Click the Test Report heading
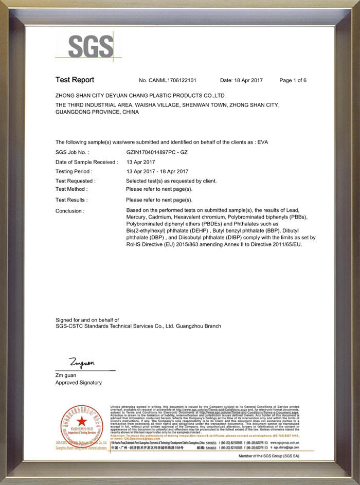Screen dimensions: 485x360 pyautogui.click(x=75, y=80)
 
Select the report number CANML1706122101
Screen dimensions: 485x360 pyautogui.click(x=168, y=80)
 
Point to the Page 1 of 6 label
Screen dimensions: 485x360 pyautogui.click(x=293, y=80)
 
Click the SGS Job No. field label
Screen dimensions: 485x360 pyautogui.click(x=72, y=153)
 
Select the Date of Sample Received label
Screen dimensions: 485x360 pyautogui.click(x=86, y=162)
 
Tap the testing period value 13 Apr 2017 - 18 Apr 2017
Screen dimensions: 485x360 pyautogui.click(x=157, y=171)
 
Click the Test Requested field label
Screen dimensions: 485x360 pyautogui.click(x=75, y=181)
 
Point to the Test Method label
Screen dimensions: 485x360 pyautogui.click(x=71, y=189)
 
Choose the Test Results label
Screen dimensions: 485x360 pyautogui.click(x=71, y=200)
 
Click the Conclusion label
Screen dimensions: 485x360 pyautogui.click(x=69, y=211)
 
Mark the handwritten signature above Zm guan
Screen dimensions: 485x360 pyautogui.click(x=82, y=363)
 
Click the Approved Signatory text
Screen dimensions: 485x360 pyautogui.click(x=78, y=383)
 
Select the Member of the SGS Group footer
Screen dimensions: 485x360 pyautogui.click(x=269, y=456)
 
